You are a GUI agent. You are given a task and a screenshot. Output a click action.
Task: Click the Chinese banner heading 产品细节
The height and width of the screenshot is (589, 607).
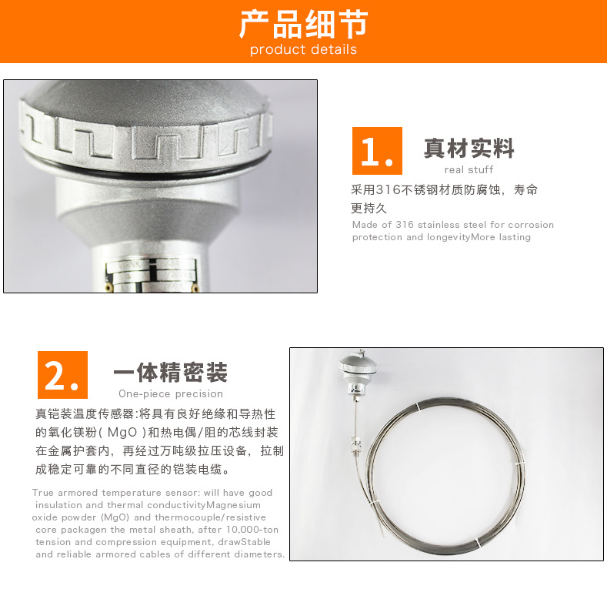click(303, 24)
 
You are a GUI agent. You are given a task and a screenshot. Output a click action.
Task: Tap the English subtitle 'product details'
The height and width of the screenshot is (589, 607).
click(303, 49)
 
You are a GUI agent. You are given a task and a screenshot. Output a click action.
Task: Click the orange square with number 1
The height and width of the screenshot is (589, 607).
click(377, 151)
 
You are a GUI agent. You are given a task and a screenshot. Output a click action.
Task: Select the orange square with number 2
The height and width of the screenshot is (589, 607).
click(62, 375)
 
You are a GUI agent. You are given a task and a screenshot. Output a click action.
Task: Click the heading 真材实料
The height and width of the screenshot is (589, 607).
click(469, 148)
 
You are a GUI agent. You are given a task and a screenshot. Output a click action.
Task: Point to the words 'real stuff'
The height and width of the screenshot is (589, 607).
click(469, 169)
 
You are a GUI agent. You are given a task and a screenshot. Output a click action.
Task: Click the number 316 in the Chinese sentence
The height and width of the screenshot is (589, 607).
click(389, 189)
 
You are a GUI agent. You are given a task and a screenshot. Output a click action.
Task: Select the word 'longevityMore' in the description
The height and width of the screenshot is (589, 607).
click(461, 237)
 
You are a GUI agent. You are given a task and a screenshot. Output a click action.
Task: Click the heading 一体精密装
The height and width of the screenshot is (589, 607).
click(170, 372)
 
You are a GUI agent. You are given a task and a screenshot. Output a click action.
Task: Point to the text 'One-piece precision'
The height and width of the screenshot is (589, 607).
click(171, 393)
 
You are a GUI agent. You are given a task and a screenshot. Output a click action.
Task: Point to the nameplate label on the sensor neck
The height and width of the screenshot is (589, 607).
click(152, 274)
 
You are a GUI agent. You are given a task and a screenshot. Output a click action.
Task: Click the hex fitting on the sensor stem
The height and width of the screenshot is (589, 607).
click(356, 445)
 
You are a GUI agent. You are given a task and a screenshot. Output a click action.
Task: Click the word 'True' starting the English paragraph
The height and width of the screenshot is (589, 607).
click(43, 493)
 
